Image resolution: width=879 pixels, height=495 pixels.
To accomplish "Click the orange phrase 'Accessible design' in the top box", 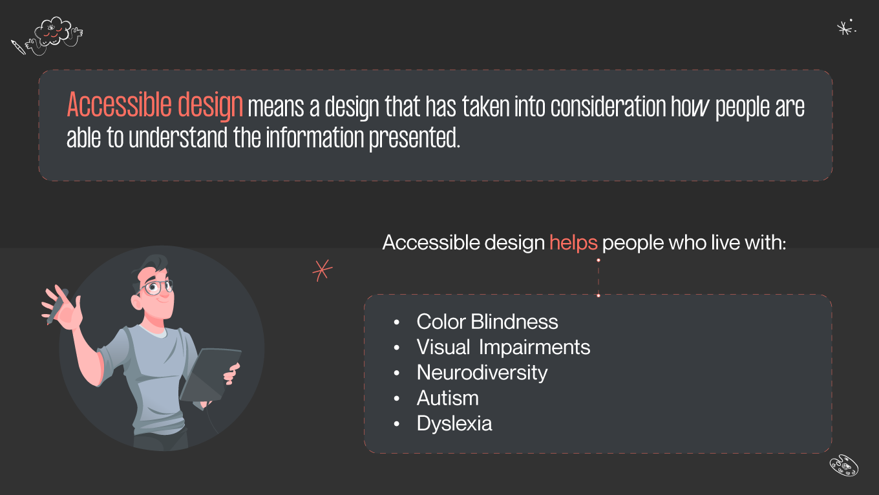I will pos(154,105).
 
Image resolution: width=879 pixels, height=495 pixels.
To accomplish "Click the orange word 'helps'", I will pos(573,243).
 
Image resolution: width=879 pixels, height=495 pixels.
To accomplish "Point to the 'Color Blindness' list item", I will pos(487,322).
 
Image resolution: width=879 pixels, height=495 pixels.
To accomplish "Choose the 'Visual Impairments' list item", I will pos(503,347).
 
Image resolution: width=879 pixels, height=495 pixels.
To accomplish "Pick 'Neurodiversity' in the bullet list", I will pos(482,372).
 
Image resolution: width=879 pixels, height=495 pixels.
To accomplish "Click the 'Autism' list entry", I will pos(447,398).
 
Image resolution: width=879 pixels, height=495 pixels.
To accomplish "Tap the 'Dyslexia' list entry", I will pos(454,423).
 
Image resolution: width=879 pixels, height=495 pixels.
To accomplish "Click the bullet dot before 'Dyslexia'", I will pos(397,424).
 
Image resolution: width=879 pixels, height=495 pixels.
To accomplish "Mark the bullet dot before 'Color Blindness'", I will pos(397,322).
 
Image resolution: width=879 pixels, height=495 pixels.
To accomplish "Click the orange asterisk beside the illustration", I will pos(322,270).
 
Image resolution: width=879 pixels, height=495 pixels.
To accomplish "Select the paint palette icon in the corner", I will pos(843,465).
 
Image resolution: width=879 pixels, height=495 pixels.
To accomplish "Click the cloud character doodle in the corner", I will pos(53,34).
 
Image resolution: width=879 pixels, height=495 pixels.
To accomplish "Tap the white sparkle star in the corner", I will pos(844,28).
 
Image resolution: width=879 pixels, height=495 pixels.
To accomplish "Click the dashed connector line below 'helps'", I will pos(598,278).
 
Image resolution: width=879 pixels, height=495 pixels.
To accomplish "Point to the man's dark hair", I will pos(153,266).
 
